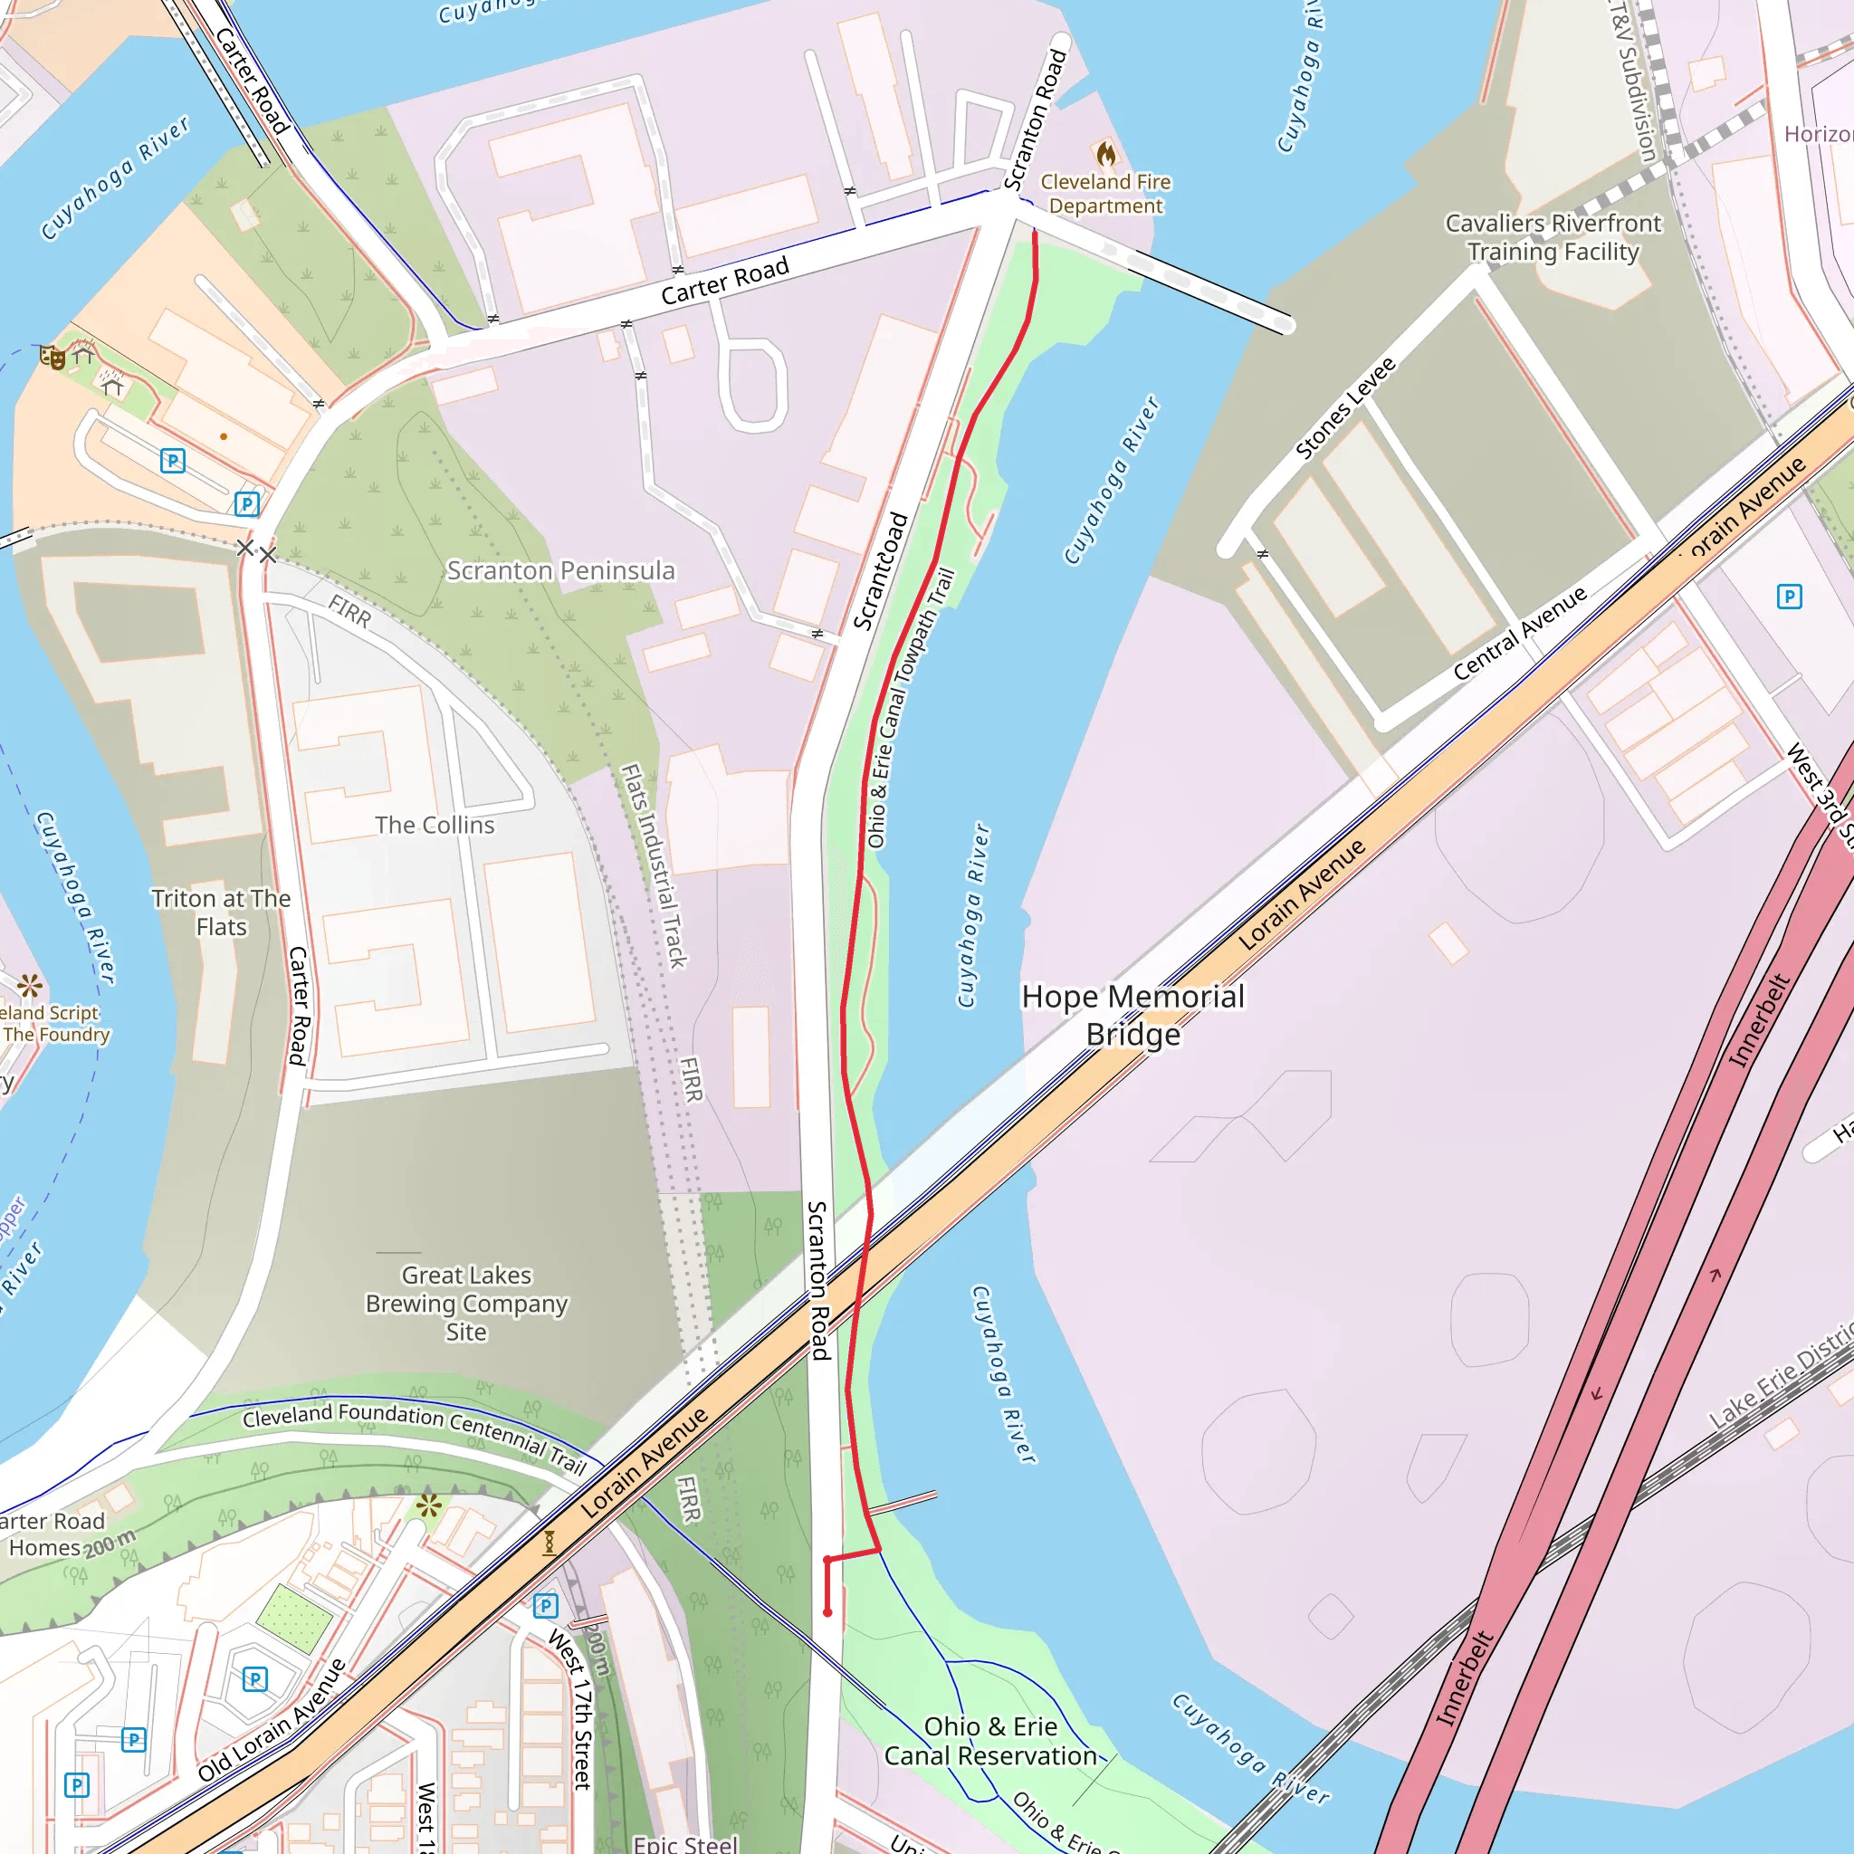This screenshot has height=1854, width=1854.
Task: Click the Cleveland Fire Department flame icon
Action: coord(1105,154)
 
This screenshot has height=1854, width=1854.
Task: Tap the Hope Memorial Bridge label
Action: coord(1133,1016)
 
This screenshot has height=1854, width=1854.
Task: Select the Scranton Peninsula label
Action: coord(560,571)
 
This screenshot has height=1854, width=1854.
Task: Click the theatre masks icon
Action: coord(52,358)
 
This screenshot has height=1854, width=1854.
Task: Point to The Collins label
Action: coord(435,826)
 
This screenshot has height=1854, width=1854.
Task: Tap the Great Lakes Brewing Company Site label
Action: coord(466,1304)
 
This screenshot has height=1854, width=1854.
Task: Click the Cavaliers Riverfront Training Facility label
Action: coord(1553,237)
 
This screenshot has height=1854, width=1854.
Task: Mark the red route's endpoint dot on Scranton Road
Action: coord(827,1613)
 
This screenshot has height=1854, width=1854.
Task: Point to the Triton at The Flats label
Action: coord(221,913)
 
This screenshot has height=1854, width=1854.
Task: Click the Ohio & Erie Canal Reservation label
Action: coord(989,1741)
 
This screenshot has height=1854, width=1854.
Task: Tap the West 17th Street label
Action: coord(573,1709)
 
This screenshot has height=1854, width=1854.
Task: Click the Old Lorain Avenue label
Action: coord(272,1720)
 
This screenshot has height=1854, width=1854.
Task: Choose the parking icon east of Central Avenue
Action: coord(1789,597)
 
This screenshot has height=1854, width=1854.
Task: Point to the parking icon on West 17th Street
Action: coord(545,1605)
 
